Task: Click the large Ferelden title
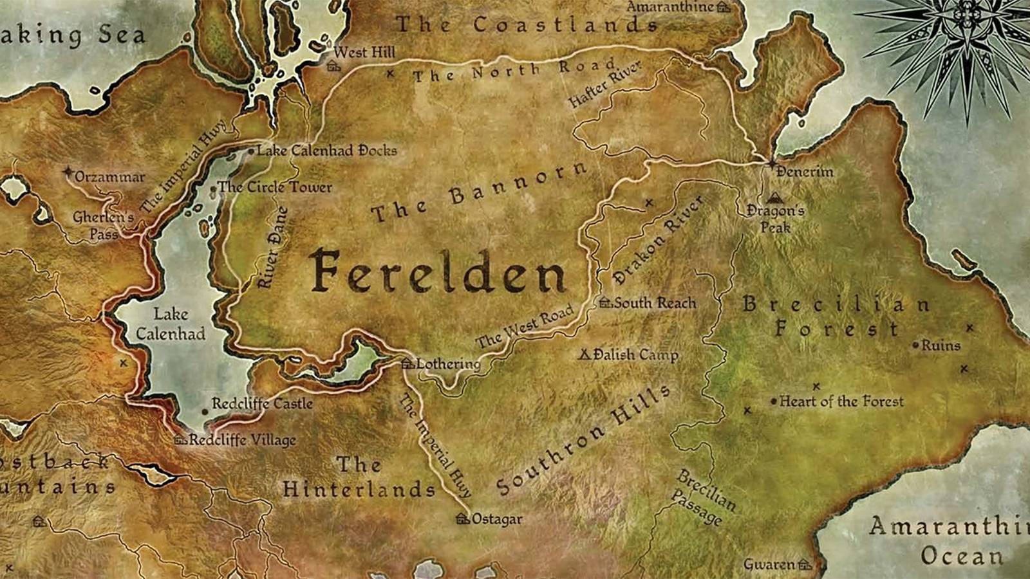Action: pos(438,271)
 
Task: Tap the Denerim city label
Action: pos(804,172)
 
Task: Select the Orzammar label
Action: pos(109,177)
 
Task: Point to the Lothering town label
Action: pos(448,364)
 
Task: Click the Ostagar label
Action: pos(497,519)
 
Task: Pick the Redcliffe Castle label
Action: pos(262,404)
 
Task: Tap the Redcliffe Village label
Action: pos(242,441)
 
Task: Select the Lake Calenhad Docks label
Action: pos(326,151)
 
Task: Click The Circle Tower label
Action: pos(274,188)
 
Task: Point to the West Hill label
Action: pos(365,53)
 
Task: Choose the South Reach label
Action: pos(655,303)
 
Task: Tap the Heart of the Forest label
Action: pos(841,401)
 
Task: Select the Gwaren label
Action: pos(769,565)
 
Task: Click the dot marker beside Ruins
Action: pos(915,345)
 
